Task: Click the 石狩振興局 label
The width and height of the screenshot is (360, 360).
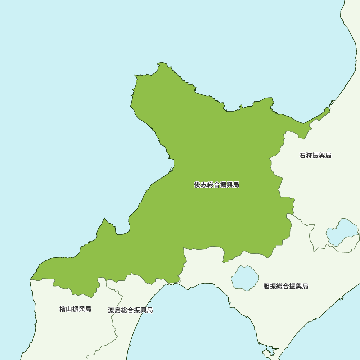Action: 315,156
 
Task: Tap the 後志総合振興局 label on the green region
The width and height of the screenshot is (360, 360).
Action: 216,185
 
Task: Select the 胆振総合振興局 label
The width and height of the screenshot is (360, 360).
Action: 285,287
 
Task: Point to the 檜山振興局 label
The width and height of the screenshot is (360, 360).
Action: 75,309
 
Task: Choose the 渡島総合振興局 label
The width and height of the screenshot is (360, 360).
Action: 130,310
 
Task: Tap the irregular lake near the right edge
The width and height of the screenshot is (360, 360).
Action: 342,232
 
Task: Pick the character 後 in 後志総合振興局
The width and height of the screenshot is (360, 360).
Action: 197,185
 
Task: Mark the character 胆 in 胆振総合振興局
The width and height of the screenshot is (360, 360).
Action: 266,287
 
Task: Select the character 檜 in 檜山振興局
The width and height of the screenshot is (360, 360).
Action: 63,309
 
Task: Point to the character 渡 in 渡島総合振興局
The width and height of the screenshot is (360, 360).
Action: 111,310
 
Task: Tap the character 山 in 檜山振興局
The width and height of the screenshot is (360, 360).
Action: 69,309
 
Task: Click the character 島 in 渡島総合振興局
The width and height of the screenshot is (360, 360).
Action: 118,310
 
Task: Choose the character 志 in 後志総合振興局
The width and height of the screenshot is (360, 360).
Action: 204,185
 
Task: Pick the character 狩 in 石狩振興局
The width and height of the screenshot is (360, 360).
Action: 309,156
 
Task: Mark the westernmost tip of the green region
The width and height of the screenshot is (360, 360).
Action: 31,279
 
